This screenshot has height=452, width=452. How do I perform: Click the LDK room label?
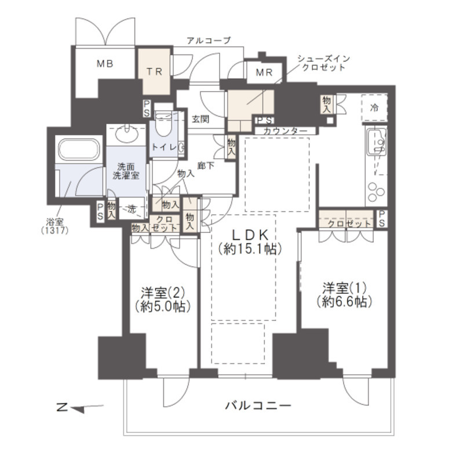point(249,242)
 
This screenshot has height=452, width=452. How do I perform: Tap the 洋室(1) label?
point(344,294)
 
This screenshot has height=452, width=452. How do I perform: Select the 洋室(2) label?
point(162,299)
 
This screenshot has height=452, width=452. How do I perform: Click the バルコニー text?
point(258,406)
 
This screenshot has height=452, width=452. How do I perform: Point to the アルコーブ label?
point(209,41)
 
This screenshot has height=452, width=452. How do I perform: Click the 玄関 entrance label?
point(201,119)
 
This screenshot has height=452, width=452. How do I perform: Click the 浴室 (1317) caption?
point(57,225)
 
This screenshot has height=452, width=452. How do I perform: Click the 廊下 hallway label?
point(204,165)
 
